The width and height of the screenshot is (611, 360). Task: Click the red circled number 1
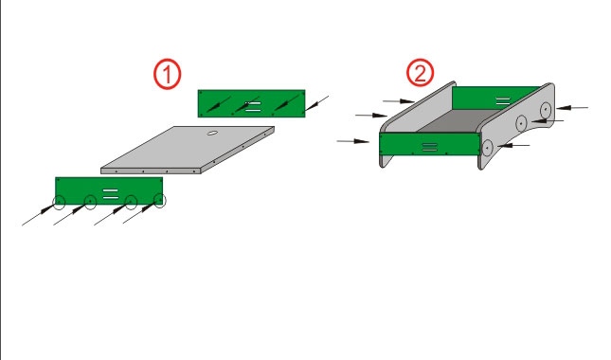pos(167,74)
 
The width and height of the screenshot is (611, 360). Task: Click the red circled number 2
pos(420,72)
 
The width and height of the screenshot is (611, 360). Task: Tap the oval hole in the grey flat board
pos(212,133)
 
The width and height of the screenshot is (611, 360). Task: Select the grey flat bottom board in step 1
pos(188,150)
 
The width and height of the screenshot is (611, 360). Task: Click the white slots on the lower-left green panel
pos(110,194)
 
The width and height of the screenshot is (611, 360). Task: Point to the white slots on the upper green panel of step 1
pos(253,107)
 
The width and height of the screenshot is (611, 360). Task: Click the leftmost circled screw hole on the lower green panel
pos(59,202)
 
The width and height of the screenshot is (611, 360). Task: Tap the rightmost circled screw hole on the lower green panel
pos(160,200)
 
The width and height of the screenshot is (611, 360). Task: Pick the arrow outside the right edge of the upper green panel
pos(316,103)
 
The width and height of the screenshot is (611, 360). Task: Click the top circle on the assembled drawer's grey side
pos(546,110)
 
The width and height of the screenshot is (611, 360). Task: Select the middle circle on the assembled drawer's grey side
pos(521,123)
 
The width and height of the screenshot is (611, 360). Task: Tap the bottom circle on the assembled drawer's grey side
pos(487,148)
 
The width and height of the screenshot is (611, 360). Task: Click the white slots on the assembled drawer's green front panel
pos(429,147)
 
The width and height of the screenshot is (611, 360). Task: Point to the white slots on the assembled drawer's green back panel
pos(503,101)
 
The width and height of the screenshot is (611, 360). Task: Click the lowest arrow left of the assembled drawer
pos(353,141)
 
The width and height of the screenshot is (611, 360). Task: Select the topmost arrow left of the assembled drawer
pos(399,101)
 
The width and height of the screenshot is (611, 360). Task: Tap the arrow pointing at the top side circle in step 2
pos(572,108)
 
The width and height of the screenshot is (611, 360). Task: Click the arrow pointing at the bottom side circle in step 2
pos(513,145)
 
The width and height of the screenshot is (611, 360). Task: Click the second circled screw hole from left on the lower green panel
pos(90,202)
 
